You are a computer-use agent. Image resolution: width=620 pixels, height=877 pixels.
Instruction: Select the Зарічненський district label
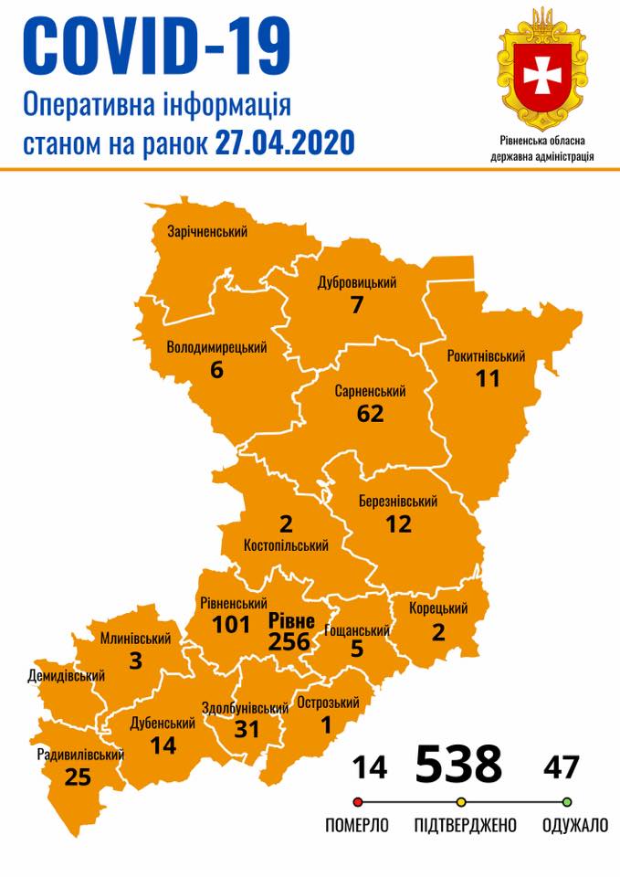[x=207, y=232]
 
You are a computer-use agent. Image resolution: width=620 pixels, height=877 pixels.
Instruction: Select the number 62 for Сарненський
[x=370, y=413]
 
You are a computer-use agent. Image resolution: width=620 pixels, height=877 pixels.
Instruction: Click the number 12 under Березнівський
[x=398, y=523]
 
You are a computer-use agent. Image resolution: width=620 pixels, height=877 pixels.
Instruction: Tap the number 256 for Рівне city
[x=289, y=642]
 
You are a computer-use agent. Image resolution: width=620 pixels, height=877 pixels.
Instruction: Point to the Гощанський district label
[x=357, y=630]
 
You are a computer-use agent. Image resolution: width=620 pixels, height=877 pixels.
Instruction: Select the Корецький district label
[x=438, y=609]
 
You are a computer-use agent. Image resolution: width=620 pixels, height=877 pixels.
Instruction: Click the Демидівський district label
[x=67, y=676]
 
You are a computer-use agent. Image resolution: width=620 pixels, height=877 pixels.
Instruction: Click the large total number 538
[x=458, y=764]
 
